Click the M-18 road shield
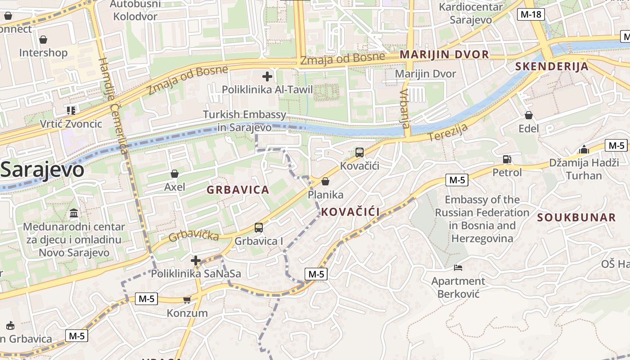click(531, 14)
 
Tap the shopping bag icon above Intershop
click(43, 40)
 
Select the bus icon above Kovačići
click(360, 153)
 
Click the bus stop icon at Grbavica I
click(259, 228)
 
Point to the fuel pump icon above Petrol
click(507, 159)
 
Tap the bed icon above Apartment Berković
click(458, 268)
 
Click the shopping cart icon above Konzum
click(187, 300)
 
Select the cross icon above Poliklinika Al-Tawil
click(267, 76)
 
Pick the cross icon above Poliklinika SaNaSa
click(196, 260)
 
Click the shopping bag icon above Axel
click(175, 174)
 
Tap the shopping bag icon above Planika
click(325, 181)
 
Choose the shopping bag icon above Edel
click(529, 116)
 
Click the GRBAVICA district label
click(238, 190)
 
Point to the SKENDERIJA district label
click(552, 67)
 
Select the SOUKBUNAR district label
click(576, 218)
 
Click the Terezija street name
click(448, 132)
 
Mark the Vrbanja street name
click(404, 108)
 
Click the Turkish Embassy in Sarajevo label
click(245, 121)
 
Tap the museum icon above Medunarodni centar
click(74, 213)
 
